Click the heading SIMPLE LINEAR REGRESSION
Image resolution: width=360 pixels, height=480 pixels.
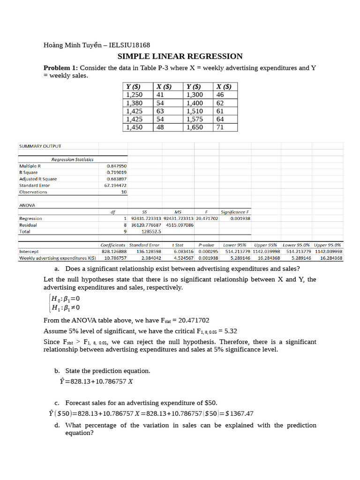click(180, 56)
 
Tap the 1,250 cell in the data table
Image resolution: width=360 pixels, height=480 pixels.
click(135, 95)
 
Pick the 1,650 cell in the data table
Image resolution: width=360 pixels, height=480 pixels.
click(195, 127)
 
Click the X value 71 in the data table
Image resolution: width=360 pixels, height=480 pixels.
click(220, 127)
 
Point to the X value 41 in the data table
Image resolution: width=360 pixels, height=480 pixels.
click(160, 95)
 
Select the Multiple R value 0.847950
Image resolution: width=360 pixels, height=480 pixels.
click(116, 166)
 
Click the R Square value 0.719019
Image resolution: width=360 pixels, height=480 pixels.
click(116, 172)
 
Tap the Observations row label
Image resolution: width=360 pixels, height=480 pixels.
click(33, 192)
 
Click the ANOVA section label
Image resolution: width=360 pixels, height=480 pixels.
click(27, 205)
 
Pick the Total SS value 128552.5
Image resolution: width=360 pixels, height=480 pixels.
click(151, 231)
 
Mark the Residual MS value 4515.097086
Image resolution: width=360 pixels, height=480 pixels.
click(180, 225)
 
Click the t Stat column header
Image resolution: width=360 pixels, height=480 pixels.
click(178, 245)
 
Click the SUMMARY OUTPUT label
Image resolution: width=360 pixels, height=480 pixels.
click(40, 146)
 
